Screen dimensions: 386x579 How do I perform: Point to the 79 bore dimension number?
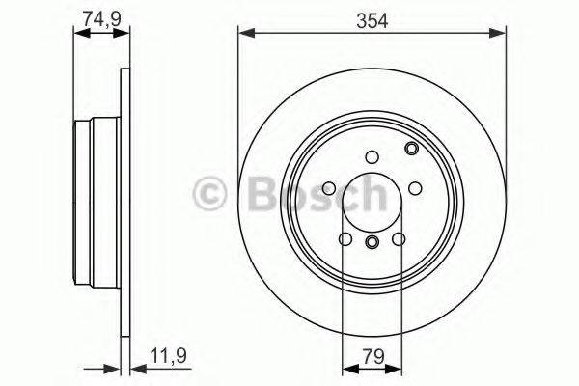point(372,355)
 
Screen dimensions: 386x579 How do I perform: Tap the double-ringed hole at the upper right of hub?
point(412,149)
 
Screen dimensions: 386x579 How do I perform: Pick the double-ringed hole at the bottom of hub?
point(372,241)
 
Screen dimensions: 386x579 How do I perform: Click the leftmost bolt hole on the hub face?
point(329,189)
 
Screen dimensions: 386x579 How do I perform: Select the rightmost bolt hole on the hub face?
point(416,189)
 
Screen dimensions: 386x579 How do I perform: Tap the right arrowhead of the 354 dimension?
point(500,35)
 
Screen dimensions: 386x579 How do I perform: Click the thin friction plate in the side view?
point(124,203)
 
